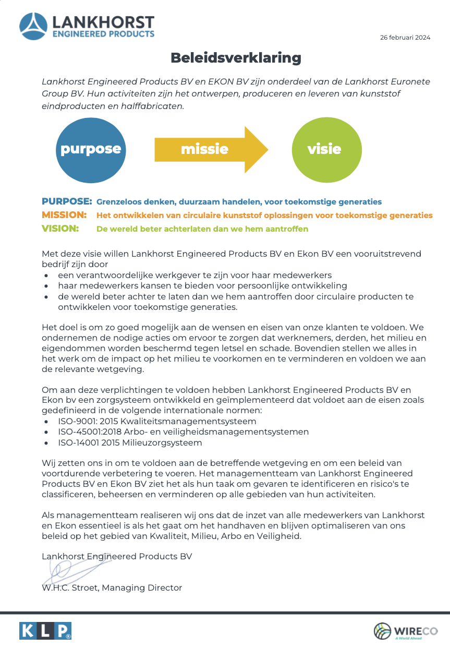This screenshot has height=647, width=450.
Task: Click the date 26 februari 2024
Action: (x=405, y=37)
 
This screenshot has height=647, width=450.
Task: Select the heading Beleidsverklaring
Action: (x=236, y=57)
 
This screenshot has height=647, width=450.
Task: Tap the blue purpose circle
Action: (x=91, y=149)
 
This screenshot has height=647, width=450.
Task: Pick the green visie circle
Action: (x=324, y=149)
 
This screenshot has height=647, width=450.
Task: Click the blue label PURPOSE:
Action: (x=67, y=201)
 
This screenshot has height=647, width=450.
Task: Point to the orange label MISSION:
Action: (x=64, y=215)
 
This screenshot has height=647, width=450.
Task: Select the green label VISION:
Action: (x=60, y=229)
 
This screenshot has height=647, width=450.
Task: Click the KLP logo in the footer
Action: (x=45, y=631)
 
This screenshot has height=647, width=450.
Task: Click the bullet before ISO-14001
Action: (x=47, y=443)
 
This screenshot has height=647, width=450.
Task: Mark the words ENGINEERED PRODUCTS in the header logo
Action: (x=103, y=34)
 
